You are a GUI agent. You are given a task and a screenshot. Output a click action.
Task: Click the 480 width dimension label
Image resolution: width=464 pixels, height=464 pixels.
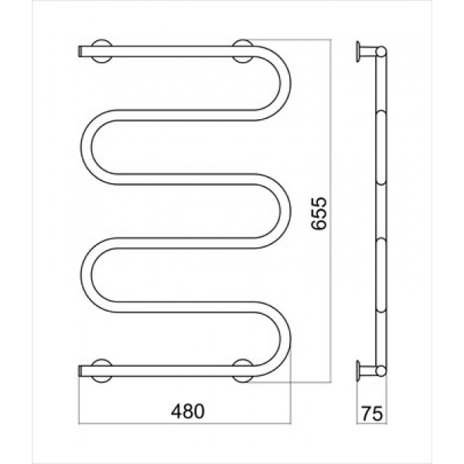[188, 411]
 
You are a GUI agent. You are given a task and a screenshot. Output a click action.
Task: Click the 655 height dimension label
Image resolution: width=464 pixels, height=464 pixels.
[319, 213]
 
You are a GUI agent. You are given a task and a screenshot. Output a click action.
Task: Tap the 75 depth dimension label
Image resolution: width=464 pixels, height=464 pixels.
[372, 413]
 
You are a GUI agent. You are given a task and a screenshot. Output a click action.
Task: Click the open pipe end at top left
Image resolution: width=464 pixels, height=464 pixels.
[80, 51]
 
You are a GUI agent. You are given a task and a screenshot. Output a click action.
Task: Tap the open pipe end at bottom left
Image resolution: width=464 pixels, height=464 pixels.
[80, 371]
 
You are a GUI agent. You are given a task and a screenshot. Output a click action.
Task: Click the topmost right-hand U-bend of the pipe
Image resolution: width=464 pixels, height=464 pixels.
[285, 84]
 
